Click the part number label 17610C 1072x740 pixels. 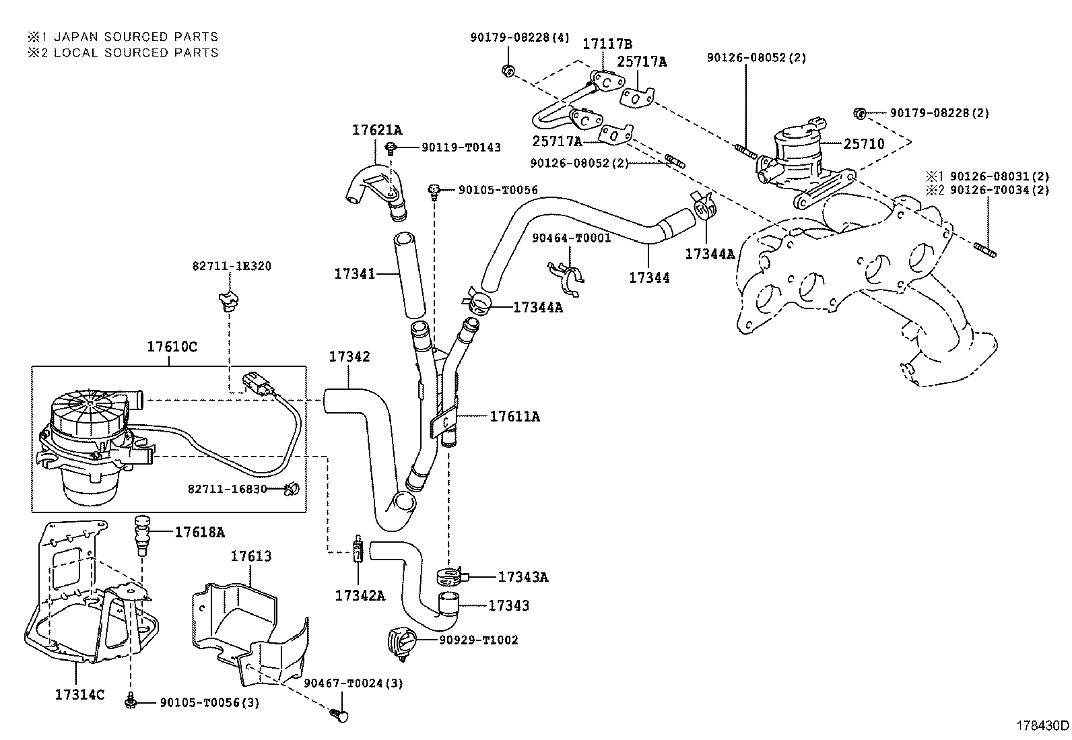click(x=172, y=347)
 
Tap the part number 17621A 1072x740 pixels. click(x=376, y=129)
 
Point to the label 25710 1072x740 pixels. click(x=864, y=144)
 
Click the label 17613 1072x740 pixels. click(x=251, y=556)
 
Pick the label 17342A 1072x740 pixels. click(x=360, y=595)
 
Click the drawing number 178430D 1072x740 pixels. click(x=1042, y=726)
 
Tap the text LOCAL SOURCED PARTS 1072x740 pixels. click(x=136, y=53)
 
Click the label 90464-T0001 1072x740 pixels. click(x=571, y=238)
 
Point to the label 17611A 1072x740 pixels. click(x=514, y=417)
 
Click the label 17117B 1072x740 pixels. click(x=607, y=44)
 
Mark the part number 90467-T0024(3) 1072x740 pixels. click(x=353, y=683)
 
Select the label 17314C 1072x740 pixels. click(x=79, y=694)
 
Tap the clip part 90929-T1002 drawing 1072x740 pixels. click(x=399, y=641)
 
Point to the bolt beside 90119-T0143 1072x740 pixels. click(x=390, y=147)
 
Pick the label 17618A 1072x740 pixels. click(x=199, y=532)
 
